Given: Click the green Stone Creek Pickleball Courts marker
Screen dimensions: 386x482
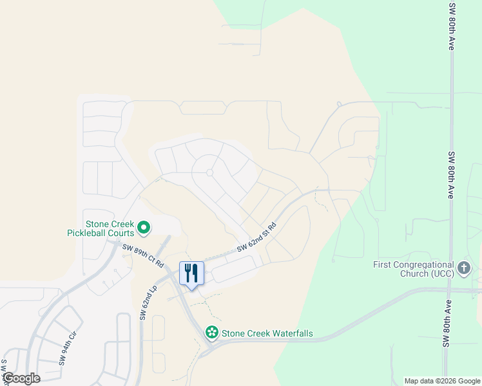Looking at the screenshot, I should pos(144,227).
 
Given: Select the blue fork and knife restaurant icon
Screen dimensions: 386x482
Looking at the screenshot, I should pos(191,273).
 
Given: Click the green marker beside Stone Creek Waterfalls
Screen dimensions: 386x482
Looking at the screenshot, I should pos(211,333).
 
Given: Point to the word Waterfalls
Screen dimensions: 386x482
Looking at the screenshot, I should pos(289,333).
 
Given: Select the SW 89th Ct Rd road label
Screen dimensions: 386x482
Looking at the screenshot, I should pos(143,255).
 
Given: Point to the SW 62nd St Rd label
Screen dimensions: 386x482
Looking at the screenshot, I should pos(256,237).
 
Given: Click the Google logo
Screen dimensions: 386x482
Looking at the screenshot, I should pos(21,378).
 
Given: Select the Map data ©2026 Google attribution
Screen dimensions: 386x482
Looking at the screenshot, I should pos(441,381).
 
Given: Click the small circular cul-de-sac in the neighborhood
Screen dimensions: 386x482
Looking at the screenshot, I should pos(209,172).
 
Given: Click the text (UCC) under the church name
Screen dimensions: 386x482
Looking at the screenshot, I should pos(439,273).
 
